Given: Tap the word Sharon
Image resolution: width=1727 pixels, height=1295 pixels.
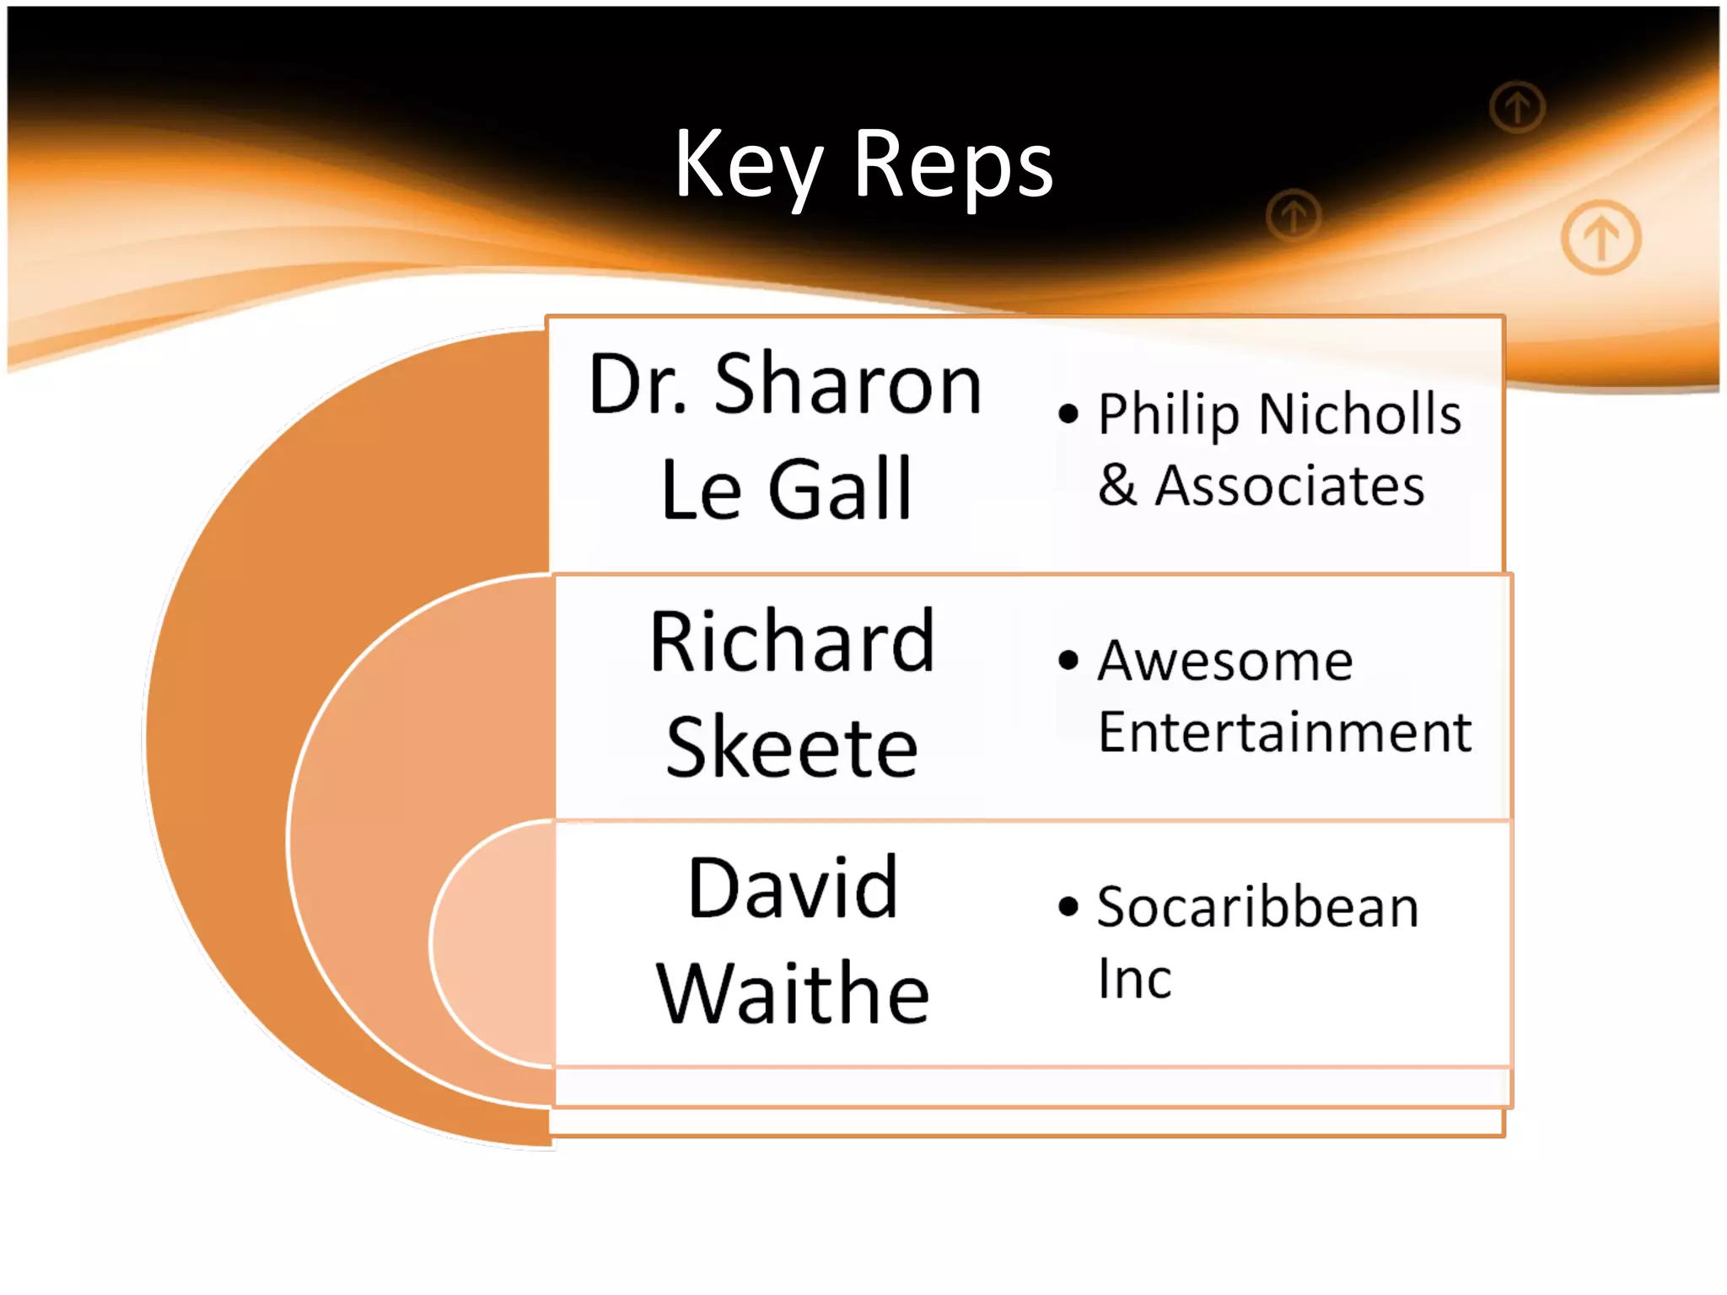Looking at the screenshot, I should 847,385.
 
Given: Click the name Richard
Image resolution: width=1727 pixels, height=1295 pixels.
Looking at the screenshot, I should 792,642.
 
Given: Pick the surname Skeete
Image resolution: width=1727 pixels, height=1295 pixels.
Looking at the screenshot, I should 792,748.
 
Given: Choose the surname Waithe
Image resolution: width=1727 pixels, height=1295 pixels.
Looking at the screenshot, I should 793,995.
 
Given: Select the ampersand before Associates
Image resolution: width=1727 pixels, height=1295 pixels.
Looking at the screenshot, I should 1117,486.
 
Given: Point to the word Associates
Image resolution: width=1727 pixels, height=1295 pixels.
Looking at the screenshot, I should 1289,486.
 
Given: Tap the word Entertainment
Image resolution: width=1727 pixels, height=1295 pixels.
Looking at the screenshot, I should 1284,732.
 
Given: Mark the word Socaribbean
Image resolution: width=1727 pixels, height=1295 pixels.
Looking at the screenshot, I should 1257,908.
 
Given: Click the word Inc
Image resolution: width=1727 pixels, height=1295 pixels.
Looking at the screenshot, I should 1134,980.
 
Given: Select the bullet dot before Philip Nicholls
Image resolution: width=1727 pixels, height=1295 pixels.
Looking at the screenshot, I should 1068,414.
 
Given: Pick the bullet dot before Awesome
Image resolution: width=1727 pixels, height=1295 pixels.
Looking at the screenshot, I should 1068,659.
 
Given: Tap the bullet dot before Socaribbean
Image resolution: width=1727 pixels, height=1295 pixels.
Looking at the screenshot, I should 1068,906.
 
